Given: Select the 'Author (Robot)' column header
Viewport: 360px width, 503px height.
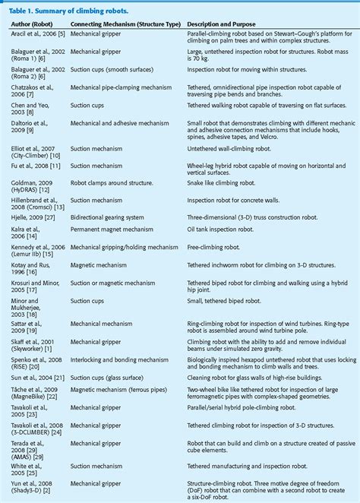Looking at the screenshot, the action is click(36, 23).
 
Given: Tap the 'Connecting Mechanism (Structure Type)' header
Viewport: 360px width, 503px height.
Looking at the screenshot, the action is click(122, 23).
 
